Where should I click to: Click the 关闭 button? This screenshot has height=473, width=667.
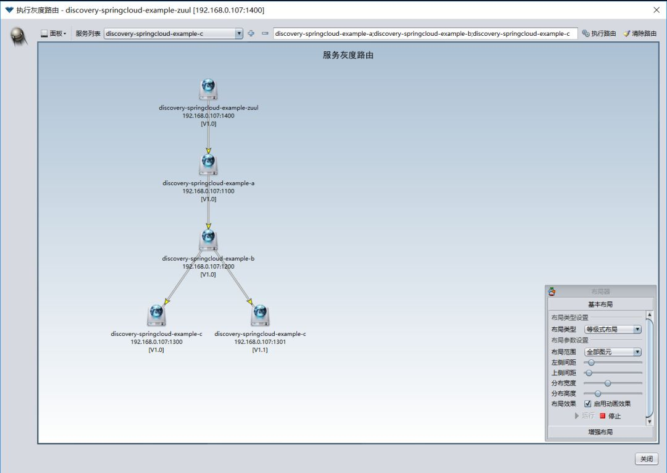tap(646, 459)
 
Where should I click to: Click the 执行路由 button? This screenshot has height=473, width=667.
tap(599, 33)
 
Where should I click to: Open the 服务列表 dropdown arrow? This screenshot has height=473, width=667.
tap(239, 33)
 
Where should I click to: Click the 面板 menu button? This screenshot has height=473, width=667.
tap(54, 33)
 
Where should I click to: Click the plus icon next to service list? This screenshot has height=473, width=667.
tap(251, 33)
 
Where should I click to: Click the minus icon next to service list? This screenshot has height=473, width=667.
tap(265, 33)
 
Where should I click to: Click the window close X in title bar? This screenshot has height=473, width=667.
tap(656, 10)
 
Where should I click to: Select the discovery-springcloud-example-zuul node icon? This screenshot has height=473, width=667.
tap(209, 89)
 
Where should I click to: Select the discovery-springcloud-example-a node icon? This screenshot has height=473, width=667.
tap(209, 164)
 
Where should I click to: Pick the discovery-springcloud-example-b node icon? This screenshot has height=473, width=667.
tap(209, 240)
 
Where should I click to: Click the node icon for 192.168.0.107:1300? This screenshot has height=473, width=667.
tap(156, 315)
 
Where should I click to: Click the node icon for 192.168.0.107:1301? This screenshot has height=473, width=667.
tap(260, 315)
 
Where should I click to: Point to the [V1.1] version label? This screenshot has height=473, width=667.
tap(260, 350)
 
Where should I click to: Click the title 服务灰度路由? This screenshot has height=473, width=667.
tap(348, 55)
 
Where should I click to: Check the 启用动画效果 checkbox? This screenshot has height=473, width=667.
tap(588, 404)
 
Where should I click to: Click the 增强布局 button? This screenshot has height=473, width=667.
tap(600, 432)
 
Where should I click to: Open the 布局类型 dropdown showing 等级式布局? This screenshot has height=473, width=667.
tap(613, 330)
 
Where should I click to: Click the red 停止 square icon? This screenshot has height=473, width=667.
tap(603, 416)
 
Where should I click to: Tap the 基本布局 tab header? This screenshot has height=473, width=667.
tap(600, 304)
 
